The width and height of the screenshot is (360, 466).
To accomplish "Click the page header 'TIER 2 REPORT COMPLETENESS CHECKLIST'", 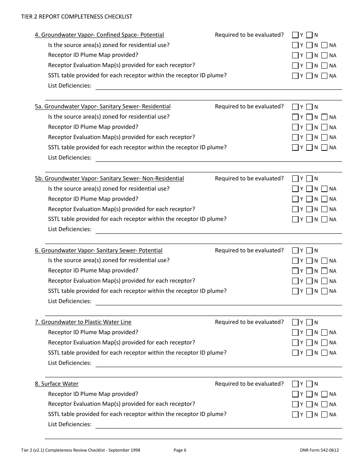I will click(x=77, y=17).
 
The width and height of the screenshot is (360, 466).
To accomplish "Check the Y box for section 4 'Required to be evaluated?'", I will click(x=295, y=35).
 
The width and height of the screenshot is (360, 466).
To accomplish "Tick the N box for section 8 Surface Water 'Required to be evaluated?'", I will click(x=309, y=384).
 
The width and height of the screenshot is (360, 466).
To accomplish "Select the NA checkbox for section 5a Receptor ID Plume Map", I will click(x=324, y=127).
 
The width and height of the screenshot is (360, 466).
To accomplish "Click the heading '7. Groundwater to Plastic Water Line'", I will click(x=83, y=322).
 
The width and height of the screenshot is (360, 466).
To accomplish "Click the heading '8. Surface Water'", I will click(x=56, y=384).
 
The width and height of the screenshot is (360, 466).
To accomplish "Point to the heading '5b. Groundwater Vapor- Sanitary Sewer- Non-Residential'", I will click(x=109, y=178).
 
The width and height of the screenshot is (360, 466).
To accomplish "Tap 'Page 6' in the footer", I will click(x=180, y=450).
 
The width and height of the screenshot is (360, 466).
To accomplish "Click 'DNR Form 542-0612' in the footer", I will click(x=319, y=450).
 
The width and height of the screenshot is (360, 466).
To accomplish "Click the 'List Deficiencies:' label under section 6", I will click(x=70, y=301).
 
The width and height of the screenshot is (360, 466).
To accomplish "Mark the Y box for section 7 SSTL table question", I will click(x=295, y=353).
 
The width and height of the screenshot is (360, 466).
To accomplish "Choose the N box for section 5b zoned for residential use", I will click(x=309, y=189).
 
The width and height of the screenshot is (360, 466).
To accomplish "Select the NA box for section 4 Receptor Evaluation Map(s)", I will click(x=324, y=66).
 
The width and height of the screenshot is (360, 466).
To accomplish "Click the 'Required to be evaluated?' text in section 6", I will click(x=249, y=250).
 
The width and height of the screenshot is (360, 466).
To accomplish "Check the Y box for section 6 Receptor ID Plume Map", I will click(x=295, y=271).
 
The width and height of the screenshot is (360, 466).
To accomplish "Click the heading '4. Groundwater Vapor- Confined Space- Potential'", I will click(x=99, y=35).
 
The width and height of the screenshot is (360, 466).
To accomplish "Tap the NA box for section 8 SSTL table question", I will click(x=324, y=414).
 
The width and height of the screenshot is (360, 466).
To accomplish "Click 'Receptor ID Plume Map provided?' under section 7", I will click(x=93, y=332).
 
